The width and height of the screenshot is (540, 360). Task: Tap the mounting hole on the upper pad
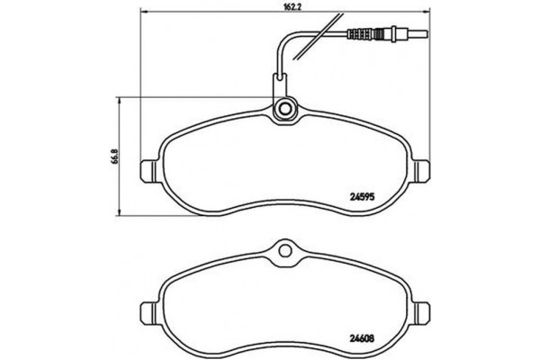[x=284, y=110]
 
